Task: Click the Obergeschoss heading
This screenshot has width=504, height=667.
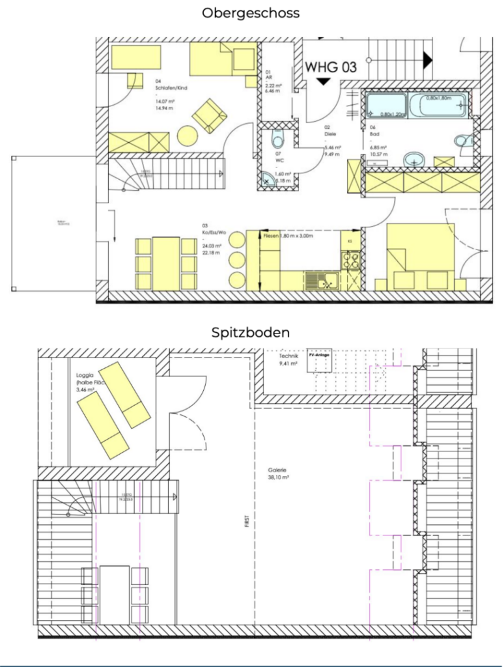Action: tap(251, 13)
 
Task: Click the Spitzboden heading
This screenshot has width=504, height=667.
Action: tap(251, 332)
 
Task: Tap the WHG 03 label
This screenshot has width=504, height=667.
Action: tap(331, 66)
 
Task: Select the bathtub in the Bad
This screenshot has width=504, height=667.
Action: tap(417, 104)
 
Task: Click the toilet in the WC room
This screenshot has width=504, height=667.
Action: tap(277, 138)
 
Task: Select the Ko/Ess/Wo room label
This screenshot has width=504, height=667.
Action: tap(213, 231)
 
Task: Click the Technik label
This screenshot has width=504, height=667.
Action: tap(288, 357)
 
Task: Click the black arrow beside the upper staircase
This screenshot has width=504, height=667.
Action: tap(427, 61)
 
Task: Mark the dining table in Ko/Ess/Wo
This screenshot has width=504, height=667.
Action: tap(167, 263)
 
